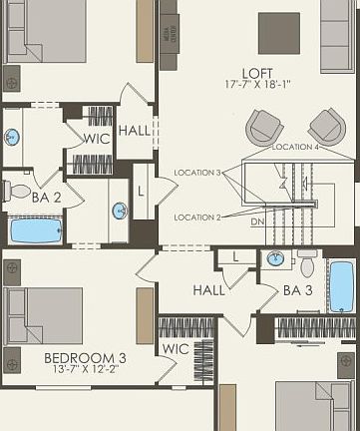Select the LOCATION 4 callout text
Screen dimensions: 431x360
(296, 147)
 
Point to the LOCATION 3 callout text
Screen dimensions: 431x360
(197, 173)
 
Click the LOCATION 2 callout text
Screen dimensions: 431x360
(197, 216)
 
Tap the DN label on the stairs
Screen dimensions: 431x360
(257, 221)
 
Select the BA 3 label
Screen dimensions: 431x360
(299, 291)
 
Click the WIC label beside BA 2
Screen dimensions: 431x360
(96, 139)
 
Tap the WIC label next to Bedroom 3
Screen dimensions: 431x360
(175, 349)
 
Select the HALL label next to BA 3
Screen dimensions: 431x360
(209, 290)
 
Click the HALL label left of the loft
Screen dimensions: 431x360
(135, 131)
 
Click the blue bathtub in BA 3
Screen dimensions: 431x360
(341, 286)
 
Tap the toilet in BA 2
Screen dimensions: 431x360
(17, 191)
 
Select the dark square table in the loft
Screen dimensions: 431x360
(278, 33)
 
